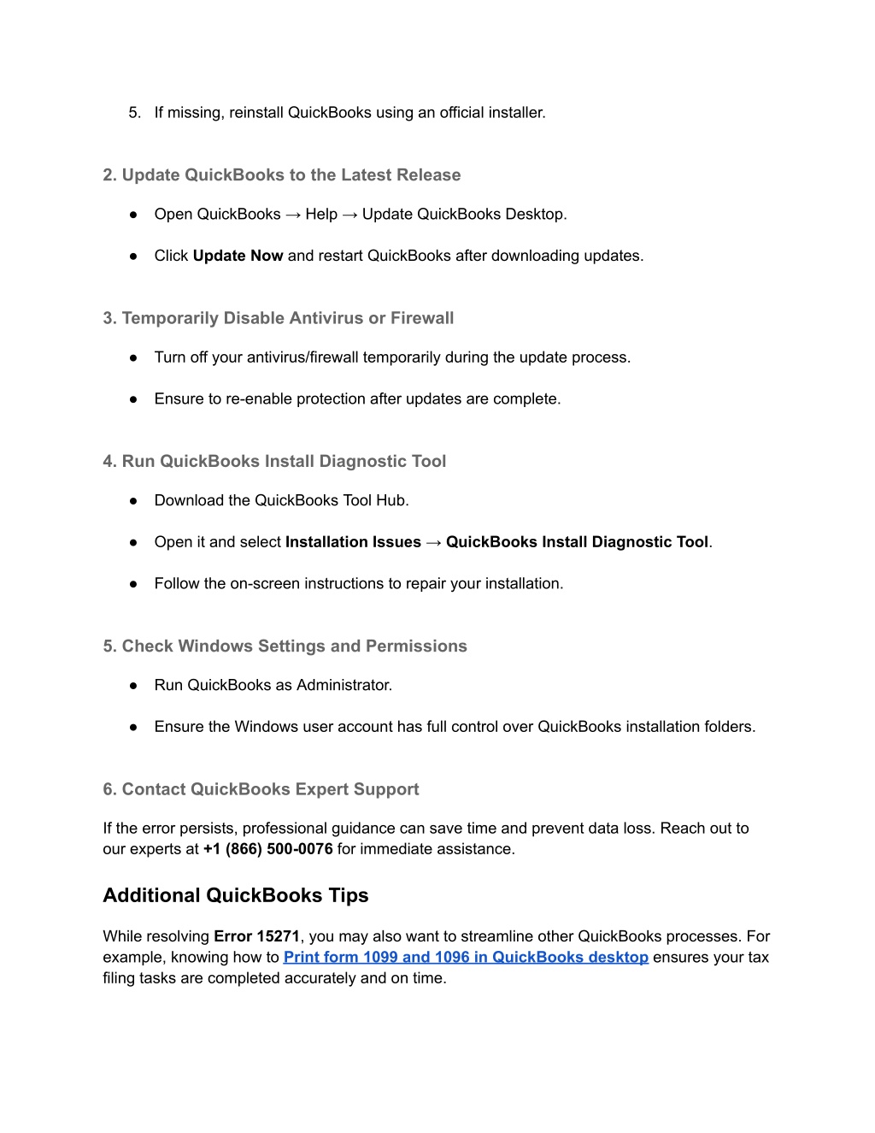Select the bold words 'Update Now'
click(x=238, y=256)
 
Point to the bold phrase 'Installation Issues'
click(x=353, y=542)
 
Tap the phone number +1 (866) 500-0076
click(x=268, y=849)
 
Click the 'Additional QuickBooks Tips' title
click(x=236, y=895)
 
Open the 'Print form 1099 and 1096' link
click(x=466, y=958)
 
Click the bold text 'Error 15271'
click(x=256, y=936)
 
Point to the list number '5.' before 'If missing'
click(x=135, y=113)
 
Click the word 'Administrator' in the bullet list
click(x=344, y=685)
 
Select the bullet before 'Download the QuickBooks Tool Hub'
click(x=134, y=501)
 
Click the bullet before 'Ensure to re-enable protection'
click(x=134, y=399)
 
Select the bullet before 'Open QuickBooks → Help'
click(x=134, y=215)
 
